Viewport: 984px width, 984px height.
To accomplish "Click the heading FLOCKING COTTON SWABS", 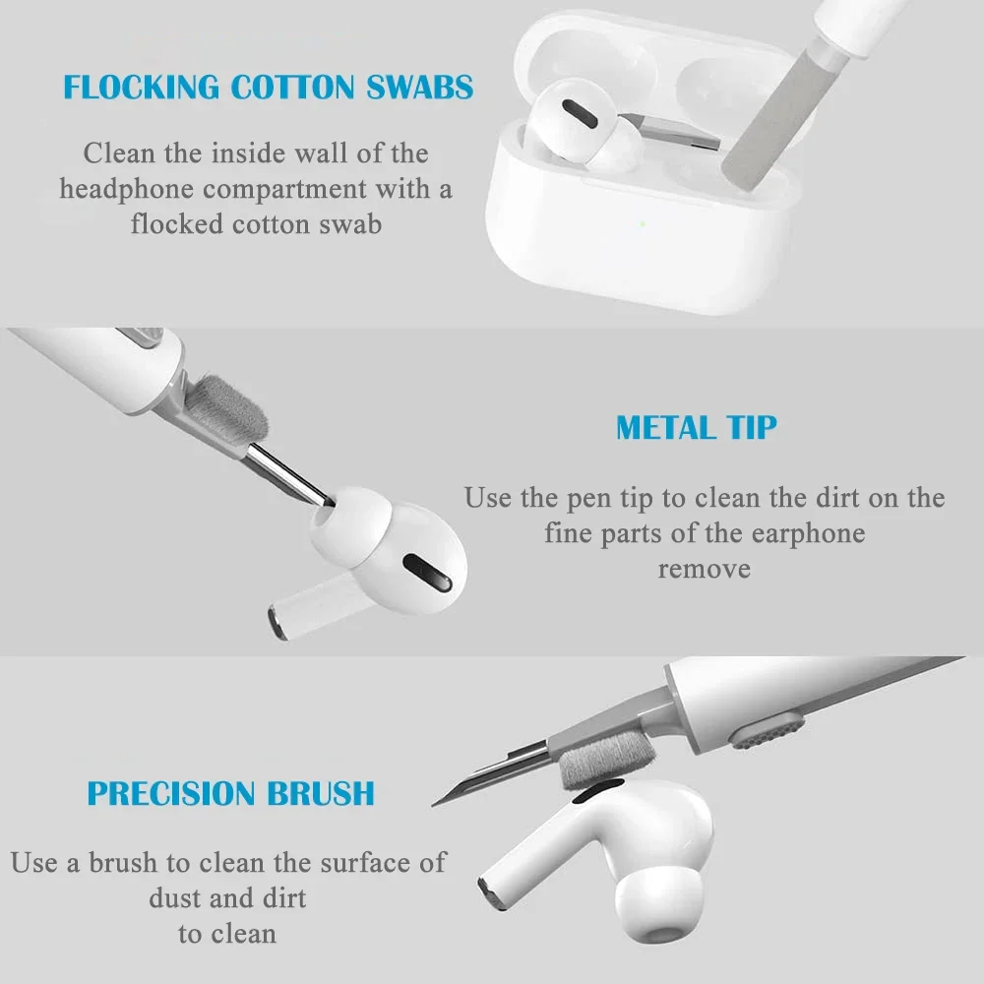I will pos(268,87).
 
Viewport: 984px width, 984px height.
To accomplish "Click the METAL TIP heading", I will pos(696,428).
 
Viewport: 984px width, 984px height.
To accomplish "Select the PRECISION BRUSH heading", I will pos(230,793).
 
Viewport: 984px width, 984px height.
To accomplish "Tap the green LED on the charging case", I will pos(642,223).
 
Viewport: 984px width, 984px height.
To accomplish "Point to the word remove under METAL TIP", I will pos(704,569).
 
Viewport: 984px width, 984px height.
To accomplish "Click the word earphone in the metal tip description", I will pos(808,533).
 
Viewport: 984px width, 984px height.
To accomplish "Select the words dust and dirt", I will pos(227,897).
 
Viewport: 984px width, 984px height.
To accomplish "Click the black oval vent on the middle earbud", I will pos(425,571).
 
